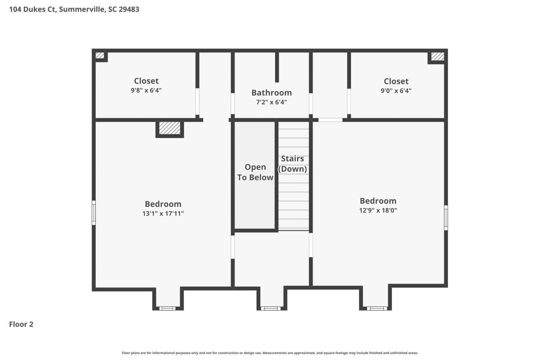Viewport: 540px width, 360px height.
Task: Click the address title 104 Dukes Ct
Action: tap(74, 9)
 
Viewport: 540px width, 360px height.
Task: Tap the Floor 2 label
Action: tap(21, 324)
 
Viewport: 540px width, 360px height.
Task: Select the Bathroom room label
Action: tap(271, 93)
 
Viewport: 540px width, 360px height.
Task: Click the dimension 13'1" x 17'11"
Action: tap(163, 214)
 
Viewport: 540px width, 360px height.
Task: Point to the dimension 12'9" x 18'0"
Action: tap(378, 210)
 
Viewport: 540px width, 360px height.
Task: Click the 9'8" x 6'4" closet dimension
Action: tap(146, 90)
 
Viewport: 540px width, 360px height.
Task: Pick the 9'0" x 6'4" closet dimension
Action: tap(396, 90)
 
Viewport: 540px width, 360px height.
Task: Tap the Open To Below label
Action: tap(255, 172)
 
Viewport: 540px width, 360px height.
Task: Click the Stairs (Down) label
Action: tap(292, 164)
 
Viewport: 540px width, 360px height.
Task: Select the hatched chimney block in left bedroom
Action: tap(170, 128)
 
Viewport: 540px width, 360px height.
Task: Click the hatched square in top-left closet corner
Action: tap(100, 55)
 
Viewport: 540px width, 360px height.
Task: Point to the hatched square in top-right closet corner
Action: tap(437, 56)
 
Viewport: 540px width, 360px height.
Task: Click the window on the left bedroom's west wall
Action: tap(94, 213)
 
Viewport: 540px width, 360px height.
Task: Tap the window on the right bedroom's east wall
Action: tap(445, 218)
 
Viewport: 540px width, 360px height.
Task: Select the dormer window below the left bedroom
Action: tap(167, 308)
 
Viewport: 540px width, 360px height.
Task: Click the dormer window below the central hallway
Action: tap(270, 308)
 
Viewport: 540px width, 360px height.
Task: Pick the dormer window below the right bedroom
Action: tap(376, 308)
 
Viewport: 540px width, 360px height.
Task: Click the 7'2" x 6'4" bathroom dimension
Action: tap(271, 102)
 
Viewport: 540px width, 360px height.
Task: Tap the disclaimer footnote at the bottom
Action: tap(270, 353)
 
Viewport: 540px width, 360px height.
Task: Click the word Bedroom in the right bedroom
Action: tap(378, 201)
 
